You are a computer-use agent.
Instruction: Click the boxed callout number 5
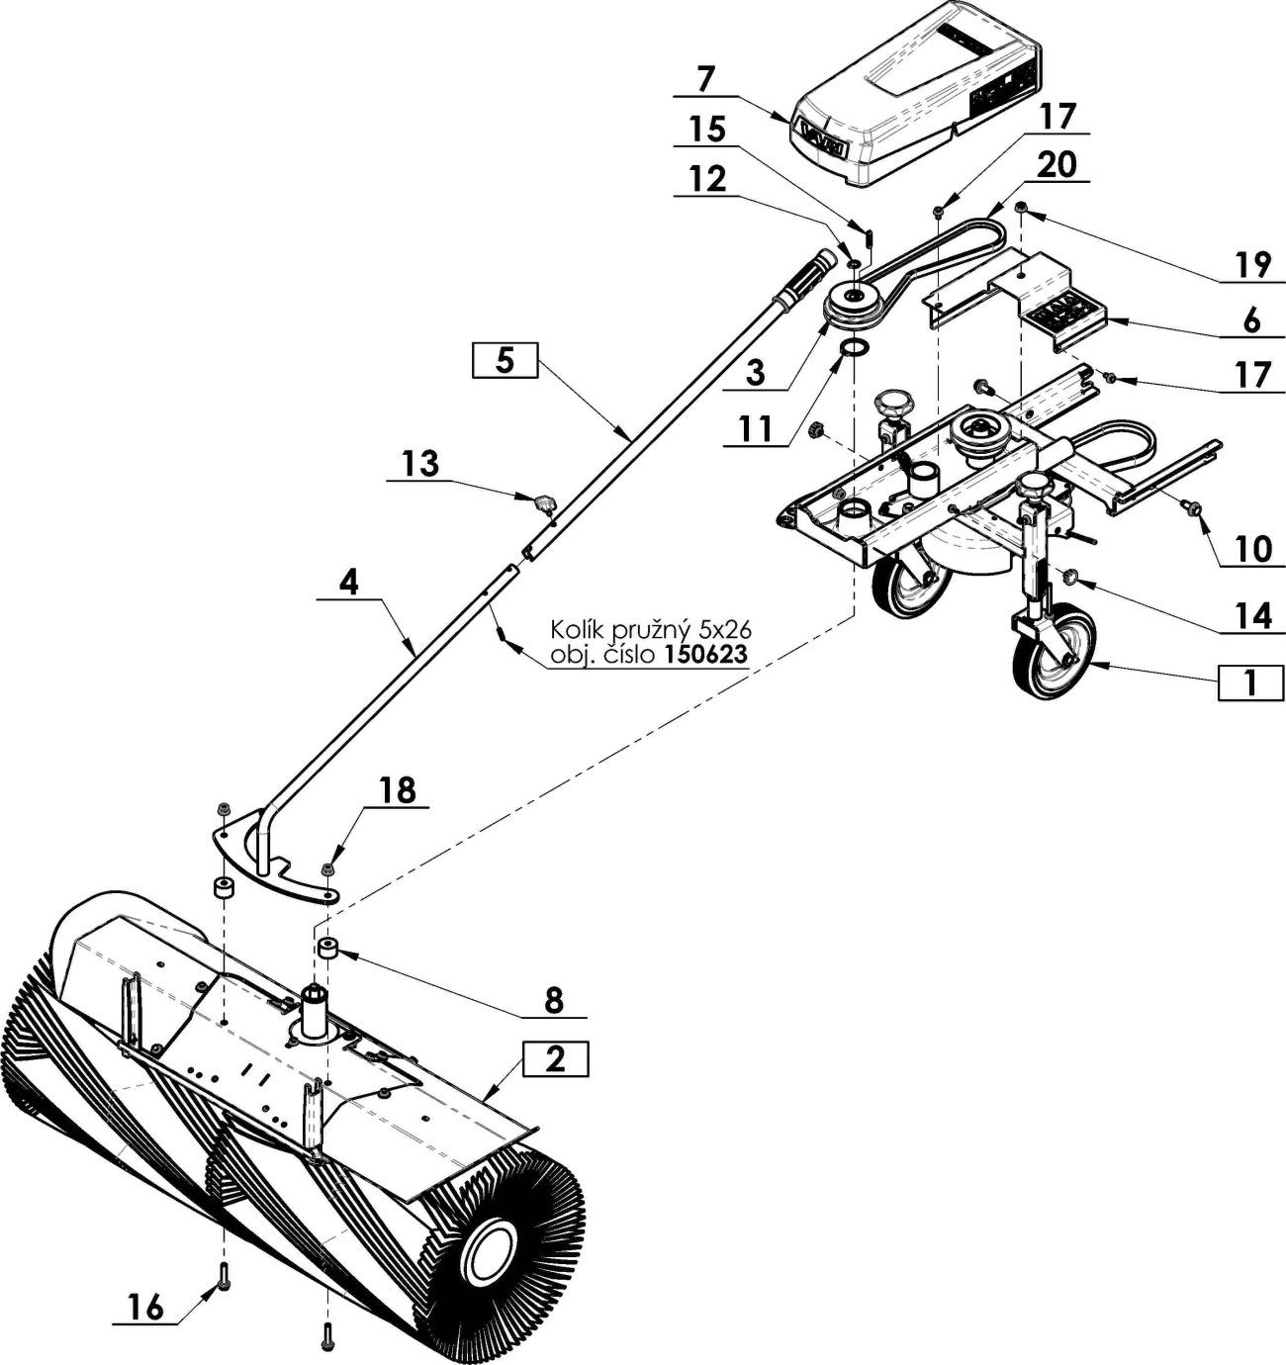click(505, 360)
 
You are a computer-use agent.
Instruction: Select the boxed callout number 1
click(1250, 682)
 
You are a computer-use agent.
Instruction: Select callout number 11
click(755, 429)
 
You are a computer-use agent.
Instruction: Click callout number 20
click(1057, 164)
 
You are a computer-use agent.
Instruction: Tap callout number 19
click(1253, 265)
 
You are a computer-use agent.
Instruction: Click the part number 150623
click(705, 654)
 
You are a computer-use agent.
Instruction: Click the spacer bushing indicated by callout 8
click(327, 949)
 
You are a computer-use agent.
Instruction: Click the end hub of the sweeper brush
click(491, 1255)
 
